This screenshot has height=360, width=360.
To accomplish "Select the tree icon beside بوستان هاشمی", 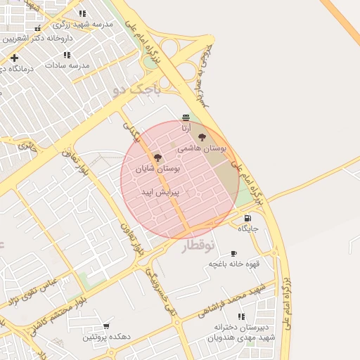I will (202, 138).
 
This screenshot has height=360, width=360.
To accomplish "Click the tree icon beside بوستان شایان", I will (157, 158).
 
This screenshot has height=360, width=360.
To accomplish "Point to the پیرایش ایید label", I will (160, 191).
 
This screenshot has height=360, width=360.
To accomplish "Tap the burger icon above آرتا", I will (186, 117).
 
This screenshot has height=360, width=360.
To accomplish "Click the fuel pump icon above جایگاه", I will (247, 218).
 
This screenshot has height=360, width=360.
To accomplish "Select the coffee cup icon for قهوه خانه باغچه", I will (234, 253).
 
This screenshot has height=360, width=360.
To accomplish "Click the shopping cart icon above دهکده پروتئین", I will (106, 326).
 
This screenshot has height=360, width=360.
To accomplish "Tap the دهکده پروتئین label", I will (107, 337).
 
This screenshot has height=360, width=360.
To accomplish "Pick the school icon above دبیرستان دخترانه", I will (241, 317).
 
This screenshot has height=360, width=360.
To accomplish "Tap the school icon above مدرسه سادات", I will (67, 54).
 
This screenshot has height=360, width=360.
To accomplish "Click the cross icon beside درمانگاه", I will (14, 57).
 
